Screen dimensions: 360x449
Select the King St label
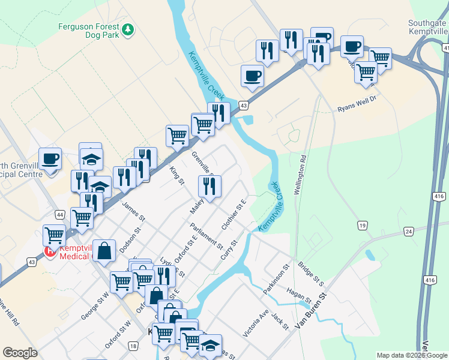(x=176, y=175)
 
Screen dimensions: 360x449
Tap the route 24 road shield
(x=409, y=230)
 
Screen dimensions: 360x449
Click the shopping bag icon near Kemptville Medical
(x=104, y=252)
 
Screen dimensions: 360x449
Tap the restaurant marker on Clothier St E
(x=209, y=187)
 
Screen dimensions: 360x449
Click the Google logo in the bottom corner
(x=20, y=353)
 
